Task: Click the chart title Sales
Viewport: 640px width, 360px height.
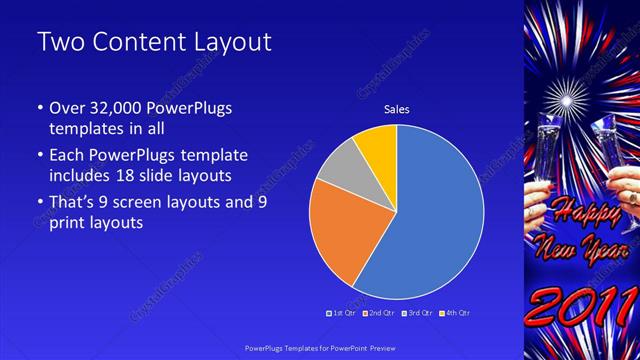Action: tap(397, 110)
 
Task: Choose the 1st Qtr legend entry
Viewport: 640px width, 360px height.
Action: tap(343, 313)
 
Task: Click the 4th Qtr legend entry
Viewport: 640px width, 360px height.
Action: tap(457, 313)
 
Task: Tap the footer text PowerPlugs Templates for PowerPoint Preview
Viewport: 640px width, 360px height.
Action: tap(320, 347)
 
